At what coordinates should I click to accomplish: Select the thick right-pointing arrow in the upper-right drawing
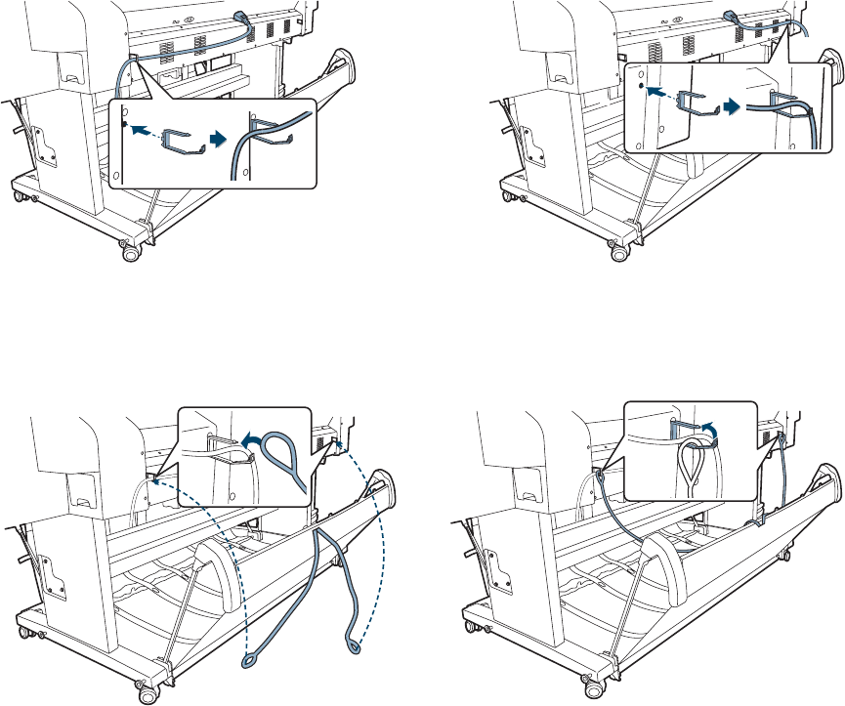click(x=730, y=103)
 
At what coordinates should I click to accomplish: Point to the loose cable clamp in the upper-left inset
click(x=180, y=140)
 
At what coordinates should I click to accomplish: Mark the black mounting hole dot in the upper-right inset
click(x=640, y=86)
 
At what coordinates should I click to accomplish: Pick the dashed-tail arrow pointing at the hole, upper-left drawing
click(x=143, y=128)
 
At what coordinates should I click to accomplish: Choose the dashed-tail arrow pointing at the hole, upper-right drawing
click(x=661, y=87)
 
